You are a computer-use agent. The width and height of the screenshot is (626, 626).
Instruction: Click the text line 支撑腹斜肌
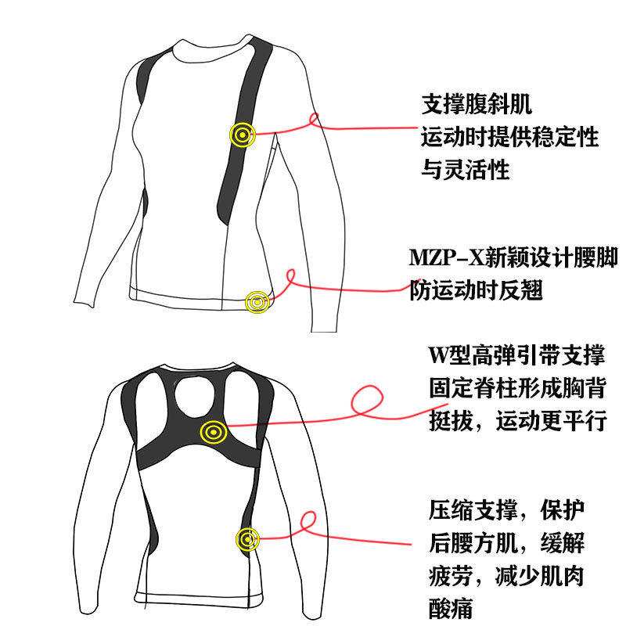tap(477, 103)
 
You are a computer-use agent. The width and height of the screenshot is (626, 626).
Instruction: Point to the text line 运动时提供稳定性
tap(509, 137)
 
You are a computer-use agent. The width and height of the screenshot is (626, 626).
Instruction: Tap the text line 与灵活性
tap(466, 169)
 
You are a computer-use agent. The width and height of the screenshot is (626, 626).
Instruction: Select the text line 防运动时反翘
tap(477, 290)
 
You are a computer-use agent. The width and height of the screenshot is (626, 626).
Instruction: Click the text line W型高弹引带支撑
tap(516, 355)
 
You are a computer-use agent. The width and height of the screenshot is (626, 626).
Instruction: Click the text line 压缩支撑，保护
tap(506, 511)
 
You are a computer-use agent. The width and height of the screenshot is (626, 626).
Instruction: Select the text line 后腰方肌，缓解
tap(506, 543)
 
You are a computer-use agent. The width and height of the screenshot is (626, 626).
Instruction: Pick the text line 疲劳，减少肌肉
tap(506, 577)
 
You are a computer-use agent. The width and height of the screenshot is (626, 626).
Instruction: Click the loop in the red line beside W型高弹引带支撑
tap(367, 401)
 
